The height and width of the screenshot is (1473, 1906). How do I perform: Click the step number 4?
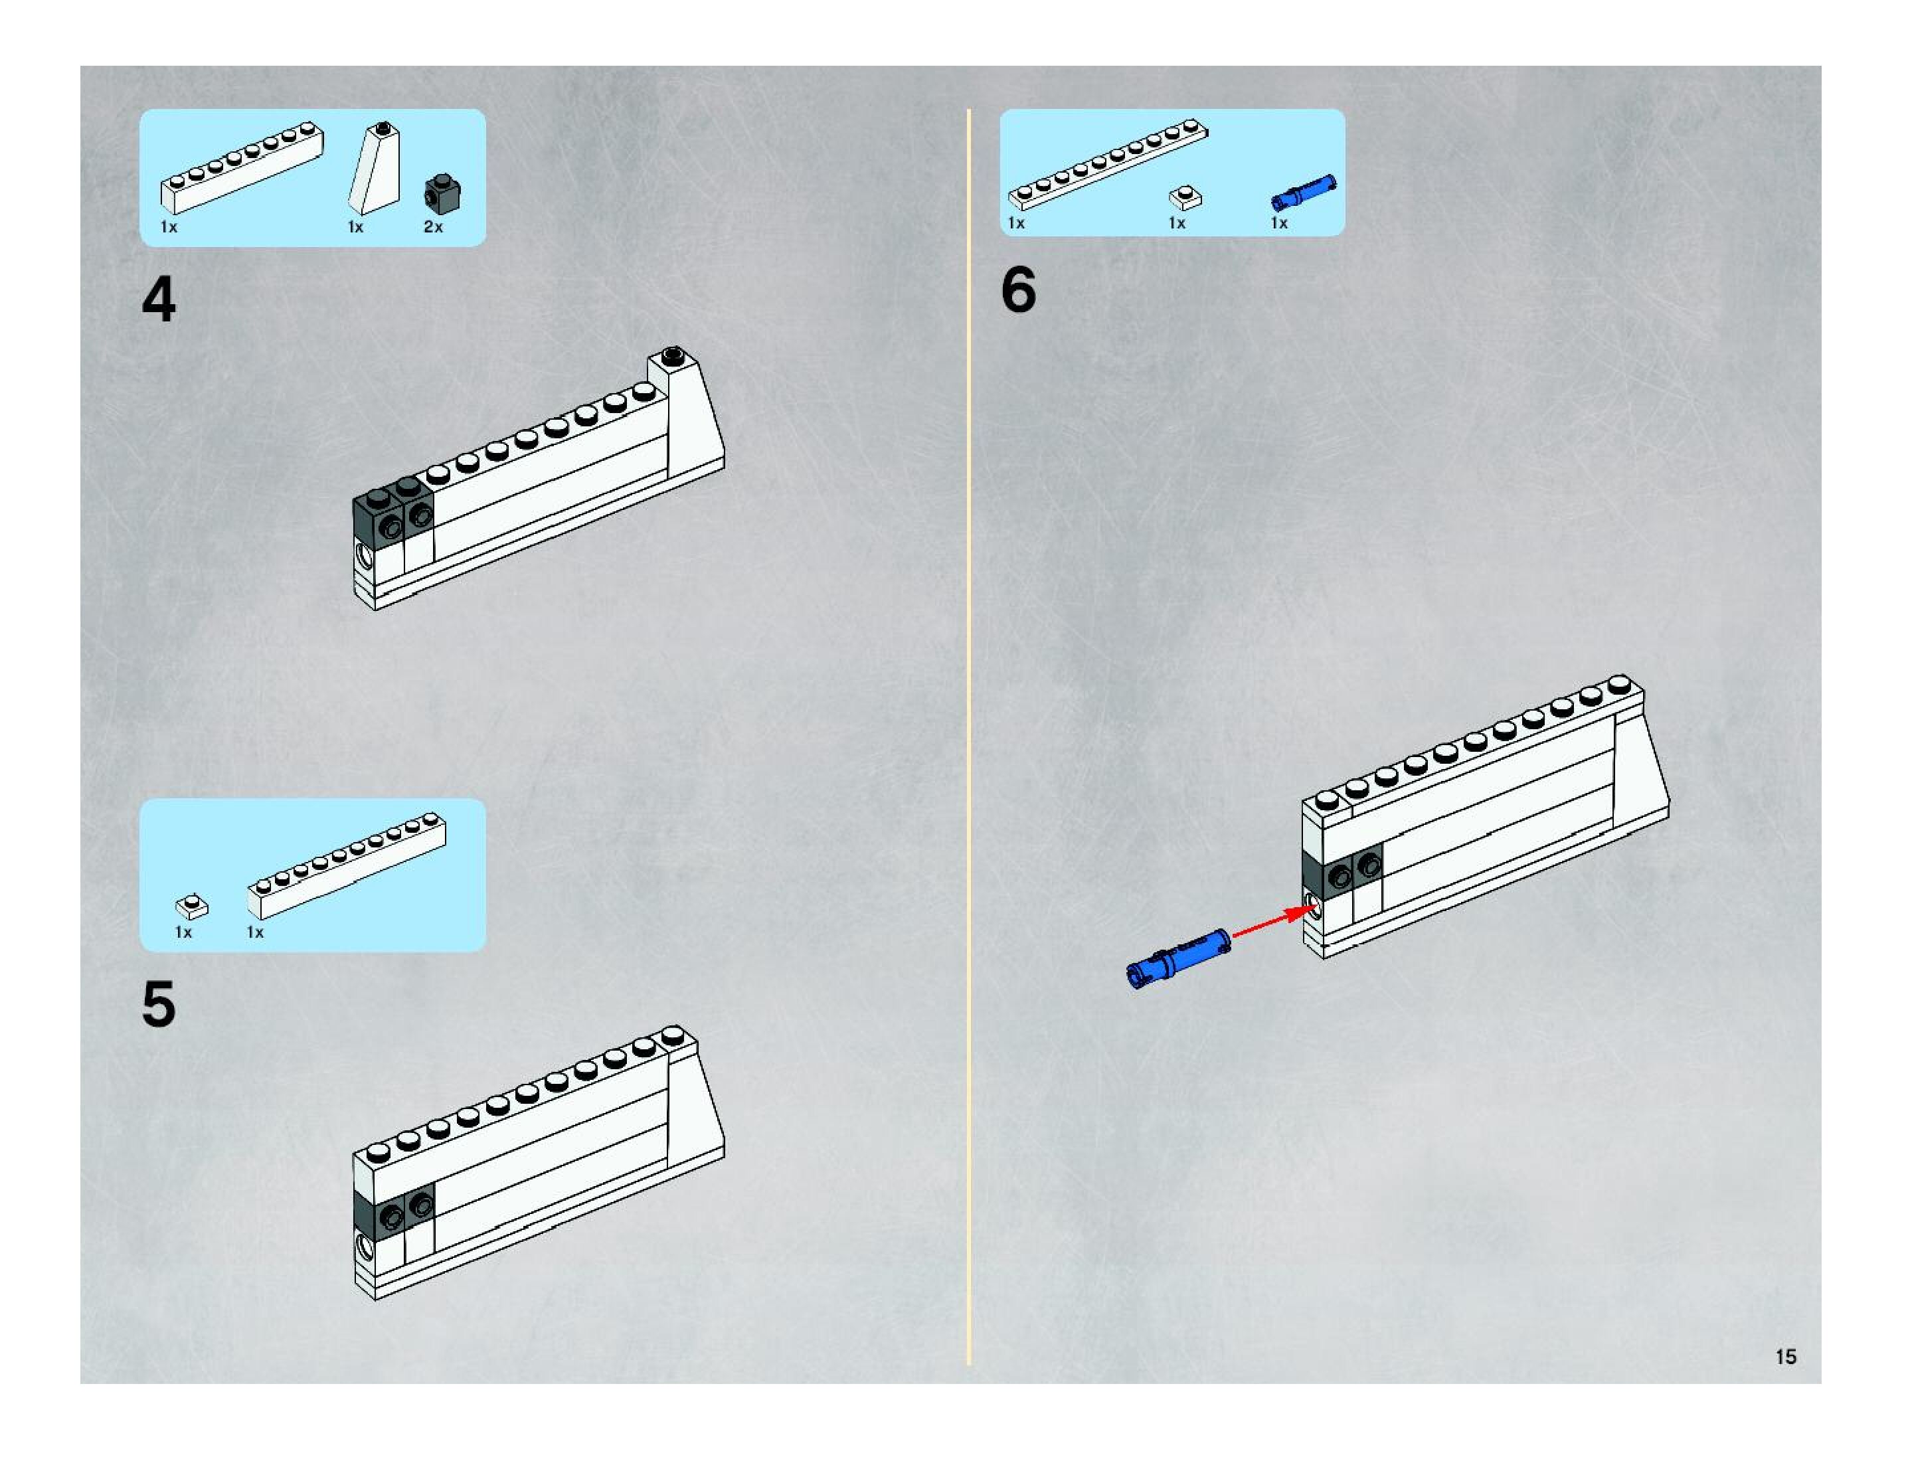(159, 300)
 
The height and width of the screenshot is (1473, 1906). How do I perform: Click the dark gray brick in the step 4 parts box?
(442, 195)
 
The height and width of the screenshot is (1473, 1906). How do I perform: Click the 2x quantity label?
(433, 227)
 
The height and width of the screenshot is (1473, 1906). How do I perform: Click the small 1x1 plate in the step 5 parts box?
(192, 907)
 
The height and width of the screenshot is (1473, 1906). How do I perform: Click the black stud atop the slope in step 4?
(672, 354)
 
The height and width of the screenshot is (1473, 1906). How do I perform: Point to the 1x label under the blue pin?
(1278, 223)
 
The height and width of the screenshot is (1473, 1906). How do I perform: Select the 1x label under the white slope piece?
(355, 227)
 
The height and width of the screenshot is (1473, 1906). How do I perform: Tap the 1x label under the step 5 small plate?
(183, 932)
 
